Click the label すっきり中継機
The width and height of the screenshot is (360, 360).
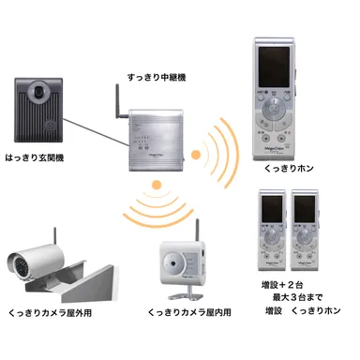(156, 74)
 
